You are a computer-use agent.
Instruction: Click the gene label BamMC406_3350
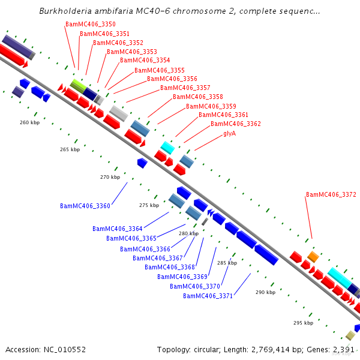90,25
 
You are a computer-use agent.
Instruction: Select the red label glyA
229,133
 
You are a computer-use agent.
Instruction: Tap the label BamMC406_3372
331,194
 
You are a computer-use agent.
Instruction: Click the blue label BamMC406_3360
85,206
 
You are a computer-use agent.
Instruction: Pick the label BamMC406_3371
208,296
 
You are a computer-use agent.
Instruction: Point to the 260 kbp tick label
29,122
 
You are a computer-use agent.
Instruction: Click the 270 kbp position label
110,177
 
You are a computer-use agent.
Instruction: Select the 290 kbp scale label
265,292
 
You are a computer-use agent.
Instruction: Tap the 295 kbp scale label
303,323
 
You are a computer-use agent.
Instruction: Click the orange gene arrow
313,256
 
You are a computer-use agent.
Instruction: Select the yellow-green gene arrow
77,85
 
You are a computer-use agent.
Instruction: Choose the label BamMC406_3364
118,229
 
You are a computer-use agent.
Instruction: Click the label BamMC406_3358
198,97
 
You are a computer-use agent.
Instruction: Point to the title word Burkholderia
67,11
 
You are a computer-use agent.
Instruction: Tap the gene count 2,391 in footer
343,349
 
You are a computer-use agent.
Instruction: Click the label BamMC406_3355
159,70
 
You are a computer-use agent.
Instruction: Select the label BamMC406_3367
158,258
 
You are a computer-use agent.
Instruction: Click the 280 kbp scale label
188,233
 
